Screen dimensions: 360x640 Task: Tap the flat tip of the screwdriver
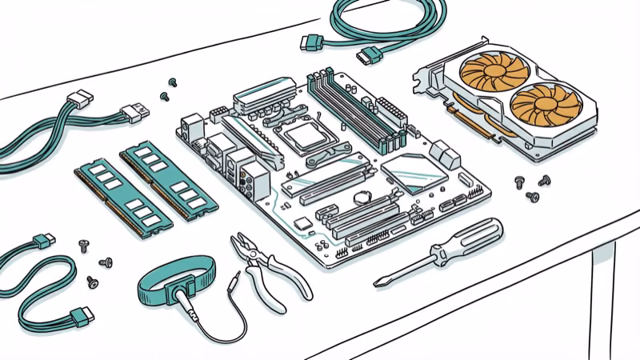coord(378,282)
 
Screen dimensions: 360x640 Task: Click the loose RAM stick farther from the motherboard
coord(122,196)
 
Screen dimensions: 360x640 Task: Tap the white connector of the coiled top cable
coord(370,55)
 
